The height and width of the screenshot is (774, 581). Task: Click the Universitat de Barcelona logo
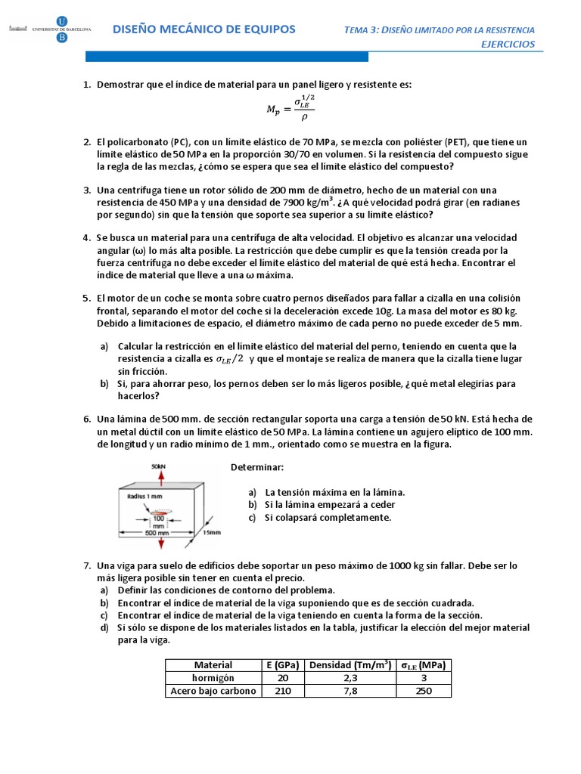[x=51, y=29]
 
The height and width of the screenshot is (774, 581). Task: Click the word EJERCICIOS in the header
[x=508, y=44]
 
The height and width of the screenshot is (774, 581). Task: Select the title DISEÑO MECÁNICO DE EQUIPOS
[x=204, y=29]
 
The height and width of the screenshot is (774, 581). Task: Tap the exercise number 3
[x=87, y=189]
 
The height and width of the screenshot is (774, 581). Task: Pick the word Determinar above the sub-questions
[x=257, y=468]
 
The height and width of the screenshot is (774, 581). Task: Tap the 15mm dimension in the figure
[x=213, y=533]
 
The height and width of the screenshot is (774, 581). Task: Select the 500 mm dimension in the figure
[x=159, y=533]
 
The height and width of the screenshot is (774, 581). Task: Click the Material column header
[x=213, y=664]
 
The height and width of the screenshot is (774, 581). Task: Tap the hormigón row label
[x=213, y=677]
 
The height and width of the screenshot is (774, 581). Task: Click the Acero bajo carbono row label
[x=213, y=690]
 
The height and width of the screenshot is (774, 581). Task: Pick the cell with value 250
[x=423, y=690]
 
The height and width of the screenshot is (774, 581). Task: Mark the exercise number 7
[x=87, y=565]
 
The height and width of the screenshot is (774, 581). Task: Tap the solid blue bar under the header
[x=227, y=57]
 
